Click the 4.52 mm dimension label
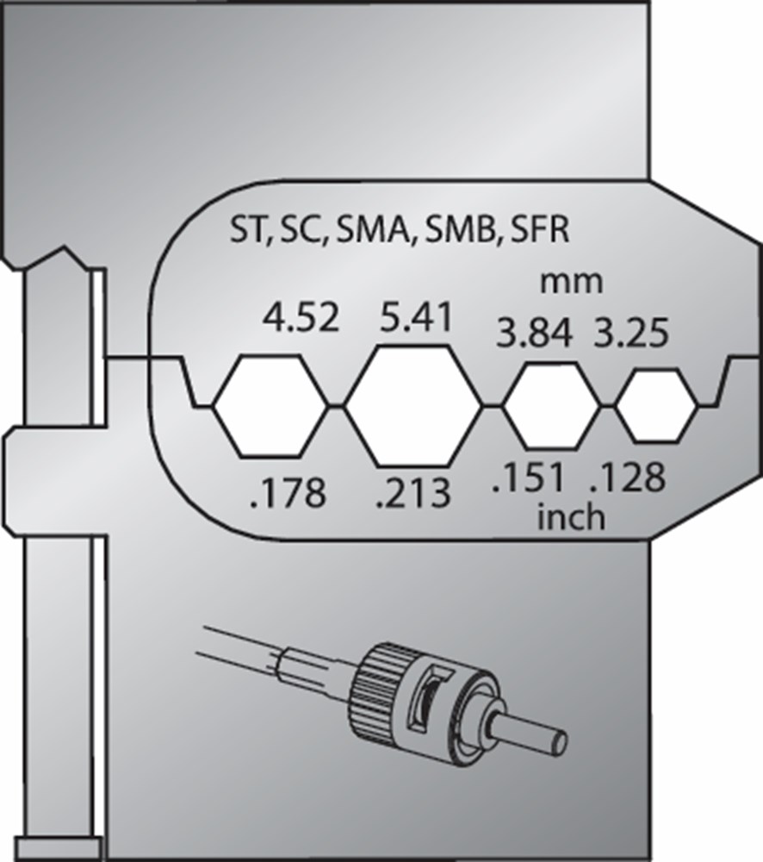[301, 318]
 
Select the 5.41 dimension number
[417, 317]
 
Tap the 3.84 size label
[534, 333]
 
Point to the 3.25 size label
[631, 333]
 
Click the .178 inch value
[288, 493]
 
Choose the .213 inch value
[413, 493]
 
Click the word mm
[571, 283]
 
